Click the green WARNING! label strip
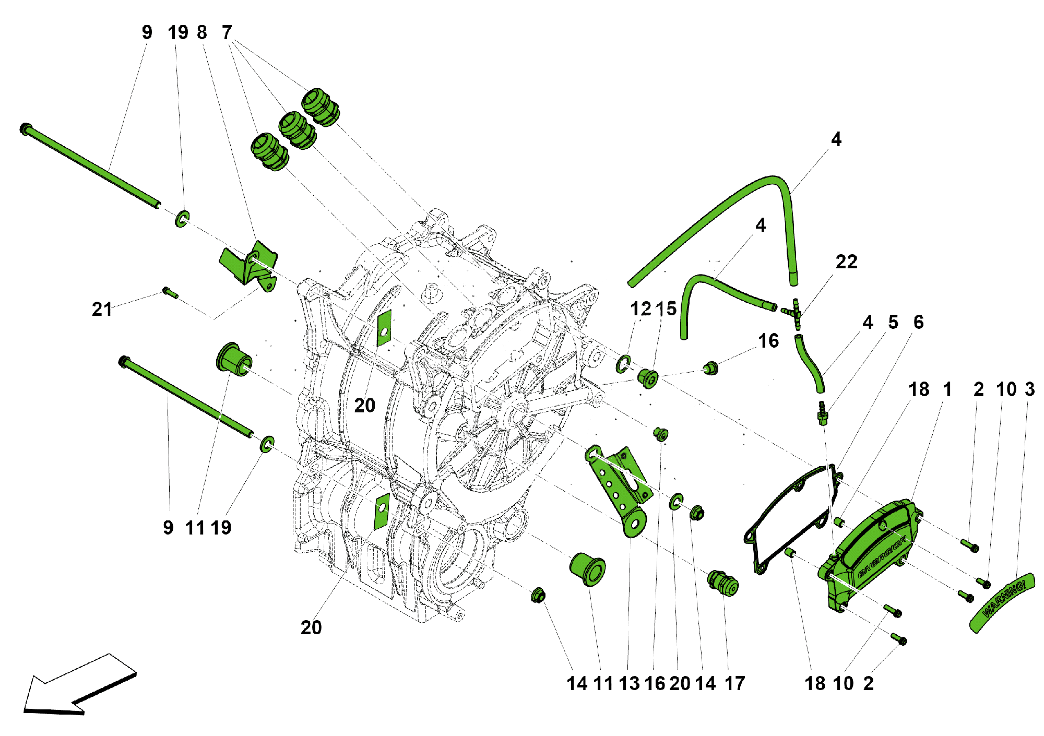(x=1002, y=603)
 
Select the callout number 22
(x=846, y=262)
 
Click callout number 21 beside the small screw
(x=102, y=309)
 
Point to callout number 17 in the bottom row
(x=734, y=683)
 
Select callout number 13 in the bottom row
(x=629, y=683)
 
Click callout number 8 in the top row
(x=202, y=32)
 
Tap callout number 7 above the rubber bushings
(x=227, y=32)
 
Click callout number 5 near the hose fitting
(x=893, y=322)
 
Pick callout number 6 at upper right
(x=919, y=322)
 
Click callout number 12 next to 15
(x=640, y=309)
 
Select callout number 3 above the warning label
(x=1029, y=389)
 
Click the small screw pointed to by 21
(x=170, y=293)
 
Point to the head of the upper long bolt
(x=25, y=128)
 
